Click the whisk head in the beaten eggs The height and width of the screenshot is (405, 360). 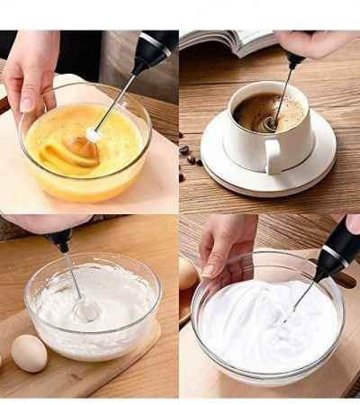coord(94,134)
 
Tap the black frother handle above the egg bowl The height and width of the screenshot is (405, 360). coord(154,51)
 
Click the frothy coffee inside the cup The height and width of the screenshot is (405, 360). coord(266,113)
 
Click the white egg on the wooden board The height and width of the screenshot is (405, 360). coord(29,353)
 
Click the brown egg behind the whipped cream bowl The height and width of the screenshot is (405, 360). coord(187,274)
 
